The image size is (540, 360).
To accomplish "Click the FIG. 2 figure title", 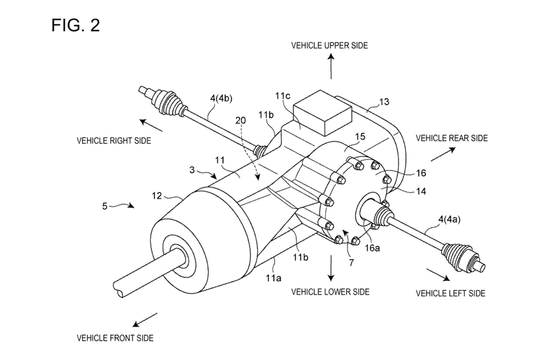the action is click(x=75, y=26).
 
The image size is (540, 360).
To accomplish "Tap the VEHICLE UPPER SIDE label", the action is click(x=329, y=46).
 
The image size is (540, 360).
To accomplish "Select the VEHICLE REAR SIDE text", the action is click(x=452, y=138).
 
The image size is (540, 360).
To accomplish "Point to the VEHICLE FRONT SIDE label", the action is click(x=115, y=338).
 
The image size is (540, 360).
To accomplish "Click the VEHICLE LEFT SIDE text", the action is click(x=450, y=293).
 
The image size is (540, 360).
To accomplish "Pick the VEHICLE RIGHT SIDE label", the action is click(x=114, y=141).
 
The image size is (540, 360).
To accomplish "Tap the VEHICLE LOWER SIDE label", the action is click(x=330, y=292).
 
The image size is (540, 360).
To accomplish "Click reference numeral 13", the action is click(x=384, y=102).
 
